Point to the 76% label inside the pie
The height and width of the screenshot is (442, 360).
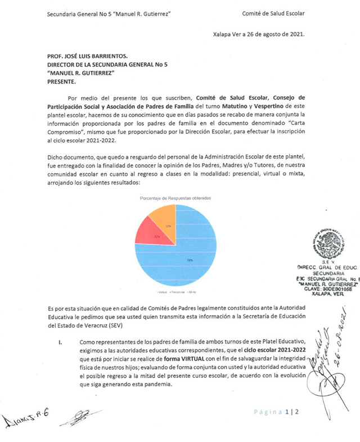(190, 260)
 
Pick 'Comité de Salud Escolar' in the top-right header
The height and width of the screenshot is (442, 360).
(273, 13)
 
